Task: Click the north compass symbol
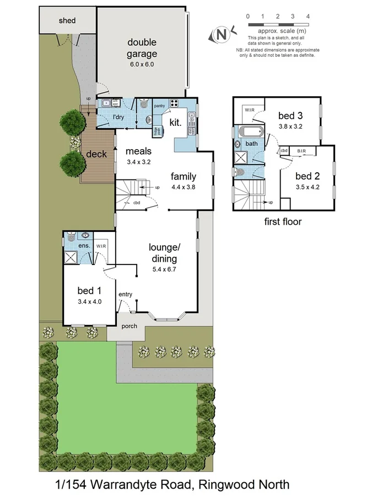tap(222, 34)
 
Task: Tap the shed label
tap(67, 21)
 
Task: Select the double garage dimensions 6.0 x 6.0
tap(142, 64)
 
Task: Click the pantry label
tap(160, 105)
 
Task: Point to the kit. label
tap(176, 122)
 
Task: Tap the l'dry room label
tap(117, 118)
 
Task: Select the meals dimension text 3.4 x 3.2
tap(138, 162)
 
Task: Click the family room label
tap(184, 177)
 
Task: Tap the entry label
tap(125, 294)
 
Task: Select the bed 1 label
tap(89, 291)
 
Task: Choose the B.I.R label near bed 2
tap(302, 150)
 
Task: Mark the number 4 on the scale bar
tap(308, 17)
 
